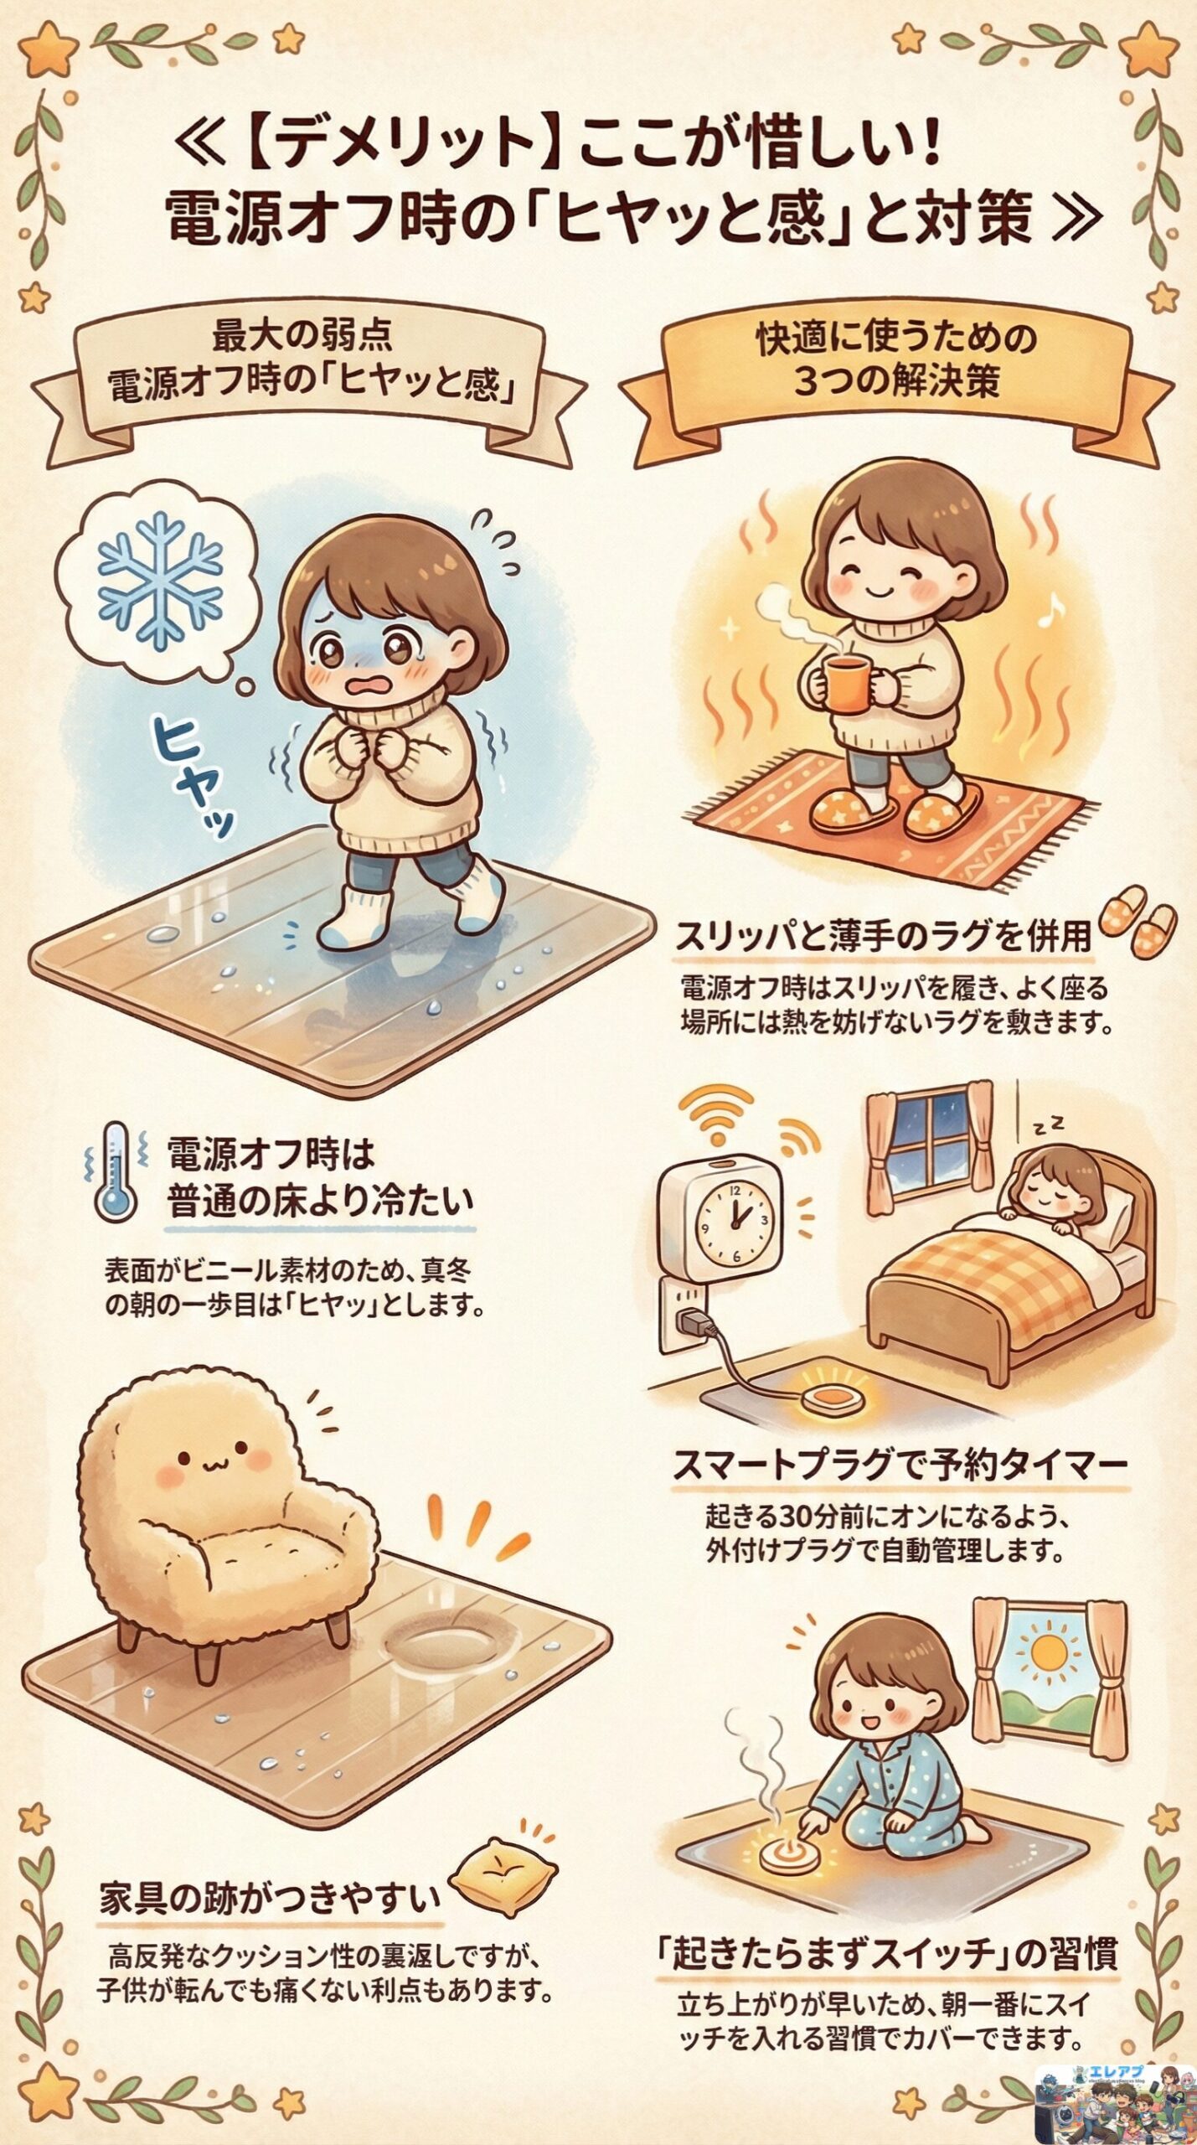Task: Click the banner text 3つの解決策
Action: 896,383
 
